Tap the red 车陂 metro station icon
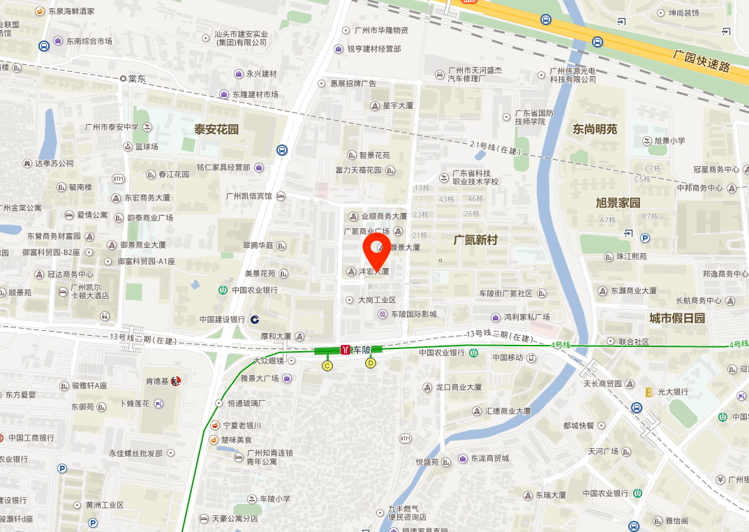(345, 349)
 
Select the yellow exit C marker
(327, 365)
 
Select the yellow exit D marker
(371, 362)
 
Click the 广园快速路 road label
(702, 61)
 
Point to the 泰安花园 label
(216, 129)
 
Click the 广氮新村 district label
(475, 239)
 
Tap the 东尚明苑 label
(595, 129)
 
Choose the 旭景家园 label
(617, 203)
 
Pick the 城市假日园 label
(677, 318)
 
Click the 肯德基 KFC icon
(175, 381)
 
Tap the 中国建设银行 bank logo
(255, 319)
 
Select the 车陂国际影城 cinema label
(413, 314)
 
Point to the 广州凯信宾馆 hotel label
(249, 195)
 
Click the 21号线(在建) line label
(496, 147)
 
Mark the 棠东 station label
(137, 79)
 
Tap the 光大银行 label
(673, 392)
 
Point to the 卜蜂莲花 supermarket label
(137, 404)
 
